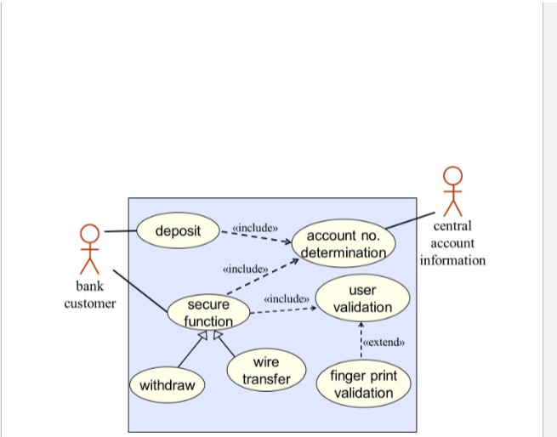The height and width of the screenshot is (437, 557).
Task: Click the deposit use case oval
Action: pos(179,230)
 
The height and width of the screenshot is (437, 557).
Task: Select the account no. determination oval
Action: pos(343,243)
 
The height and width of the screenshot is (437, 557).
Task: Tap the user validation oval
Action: pos(362,298)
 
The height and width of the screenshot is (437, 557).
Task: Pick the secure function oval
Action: pos(208,312)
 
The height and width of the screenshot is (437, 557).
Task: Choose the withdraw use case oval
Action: pos(167,385)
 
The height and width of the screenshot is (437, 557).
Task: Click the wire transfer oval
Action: pos(266,371)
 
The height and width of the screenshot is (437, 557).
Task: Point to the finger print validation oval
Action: pos(362,384)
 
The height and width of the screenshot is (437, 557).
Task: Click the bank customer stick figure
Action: pos(89,247)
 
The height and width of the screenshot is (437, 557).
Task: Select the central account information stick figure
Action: pos(452,190)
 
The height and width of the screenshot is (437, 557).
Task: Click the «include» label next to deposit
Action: pos(255,227)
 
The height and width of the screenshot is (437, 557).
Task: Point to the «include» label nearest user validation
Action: pos(286,298)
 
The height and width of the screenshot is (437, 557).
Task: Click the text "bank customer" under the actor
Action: pos(89,295)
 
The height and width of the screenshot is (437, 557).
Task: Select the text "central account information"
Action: pos(452,243)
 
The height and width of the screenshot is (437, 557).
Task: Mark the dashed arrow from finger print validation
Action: pos(361,344)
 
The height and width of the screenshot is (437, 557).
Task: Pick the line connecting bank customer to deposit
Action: pos(120,231)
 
